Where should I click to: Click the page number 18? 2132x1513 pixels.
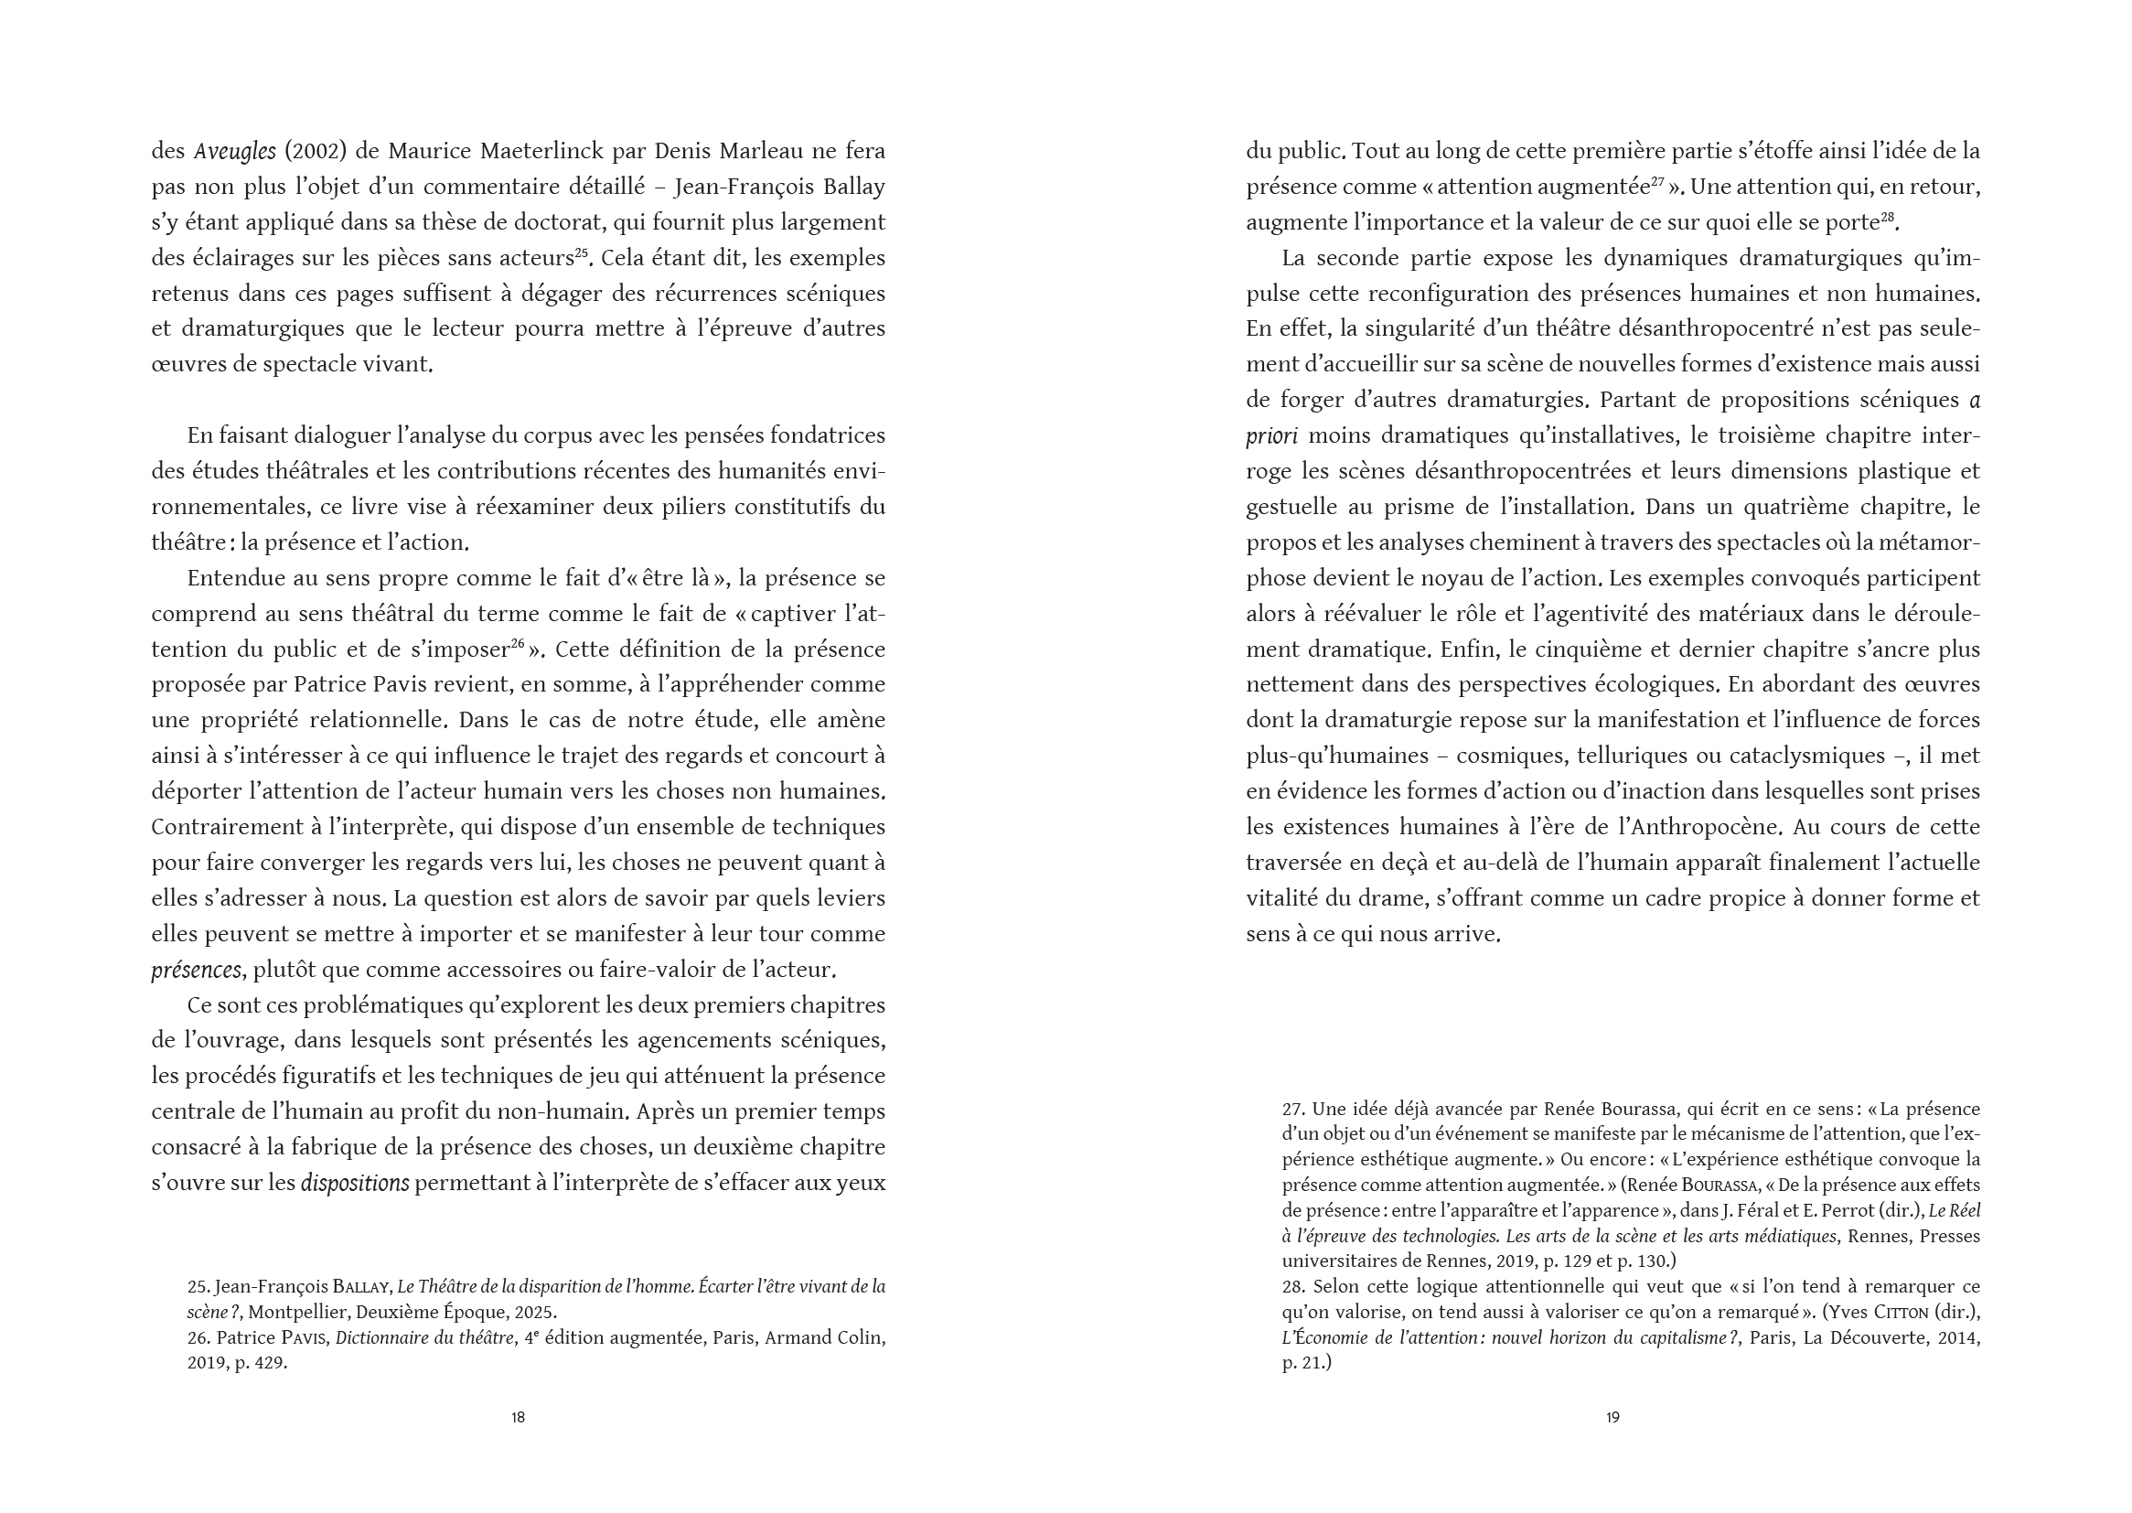pyautogui.click(x=518, y=1417)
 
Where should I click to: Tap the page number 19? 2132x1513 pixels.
pyautogui.click(x=1612, y=1417)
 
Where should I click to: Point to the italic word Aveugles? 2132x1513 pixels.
pyautogui.click(x=235, y=151)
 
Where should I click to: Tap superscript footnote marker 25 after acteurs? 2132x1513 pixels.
pyautogui.click(x=581, y=252)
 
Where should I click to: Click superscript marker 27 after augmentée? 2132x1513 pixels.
pyautogui.click(x=1657, y=181)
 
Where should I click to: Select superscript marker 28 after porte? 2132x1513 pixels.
pyautogui.click(x=1887, y=217)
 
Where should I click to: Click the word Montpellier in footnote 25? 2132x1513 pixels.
pyautogui.click(x=300, y=1312)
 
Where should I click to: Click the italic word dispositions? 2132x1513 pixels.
pyautogui.click(x=355, y=1184)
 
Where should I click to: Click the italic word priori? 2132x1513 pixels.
pyautogui.click(x=1273, y=436)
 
